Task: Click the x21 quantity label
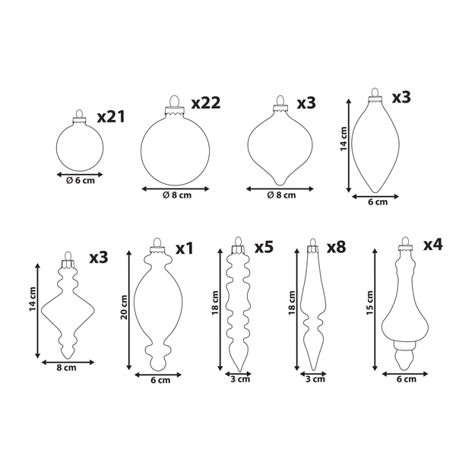(x=111, y=116)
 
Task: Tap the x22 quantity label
(x=206, y=103)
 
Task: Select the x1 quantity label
(x=185, y=249)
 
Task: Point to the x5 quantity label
(x=264, y=247)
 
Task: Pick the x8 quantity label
(x=337, y=247)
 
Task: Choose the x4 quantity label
(x=432, y=244)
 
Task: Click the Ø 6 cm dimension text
(x=81, y=181)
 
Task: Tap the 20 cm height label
(x=124, y=307)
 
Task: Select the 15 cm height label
(x=369, y=302)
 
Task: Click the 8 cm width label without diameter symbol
(x=66, y=368)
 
